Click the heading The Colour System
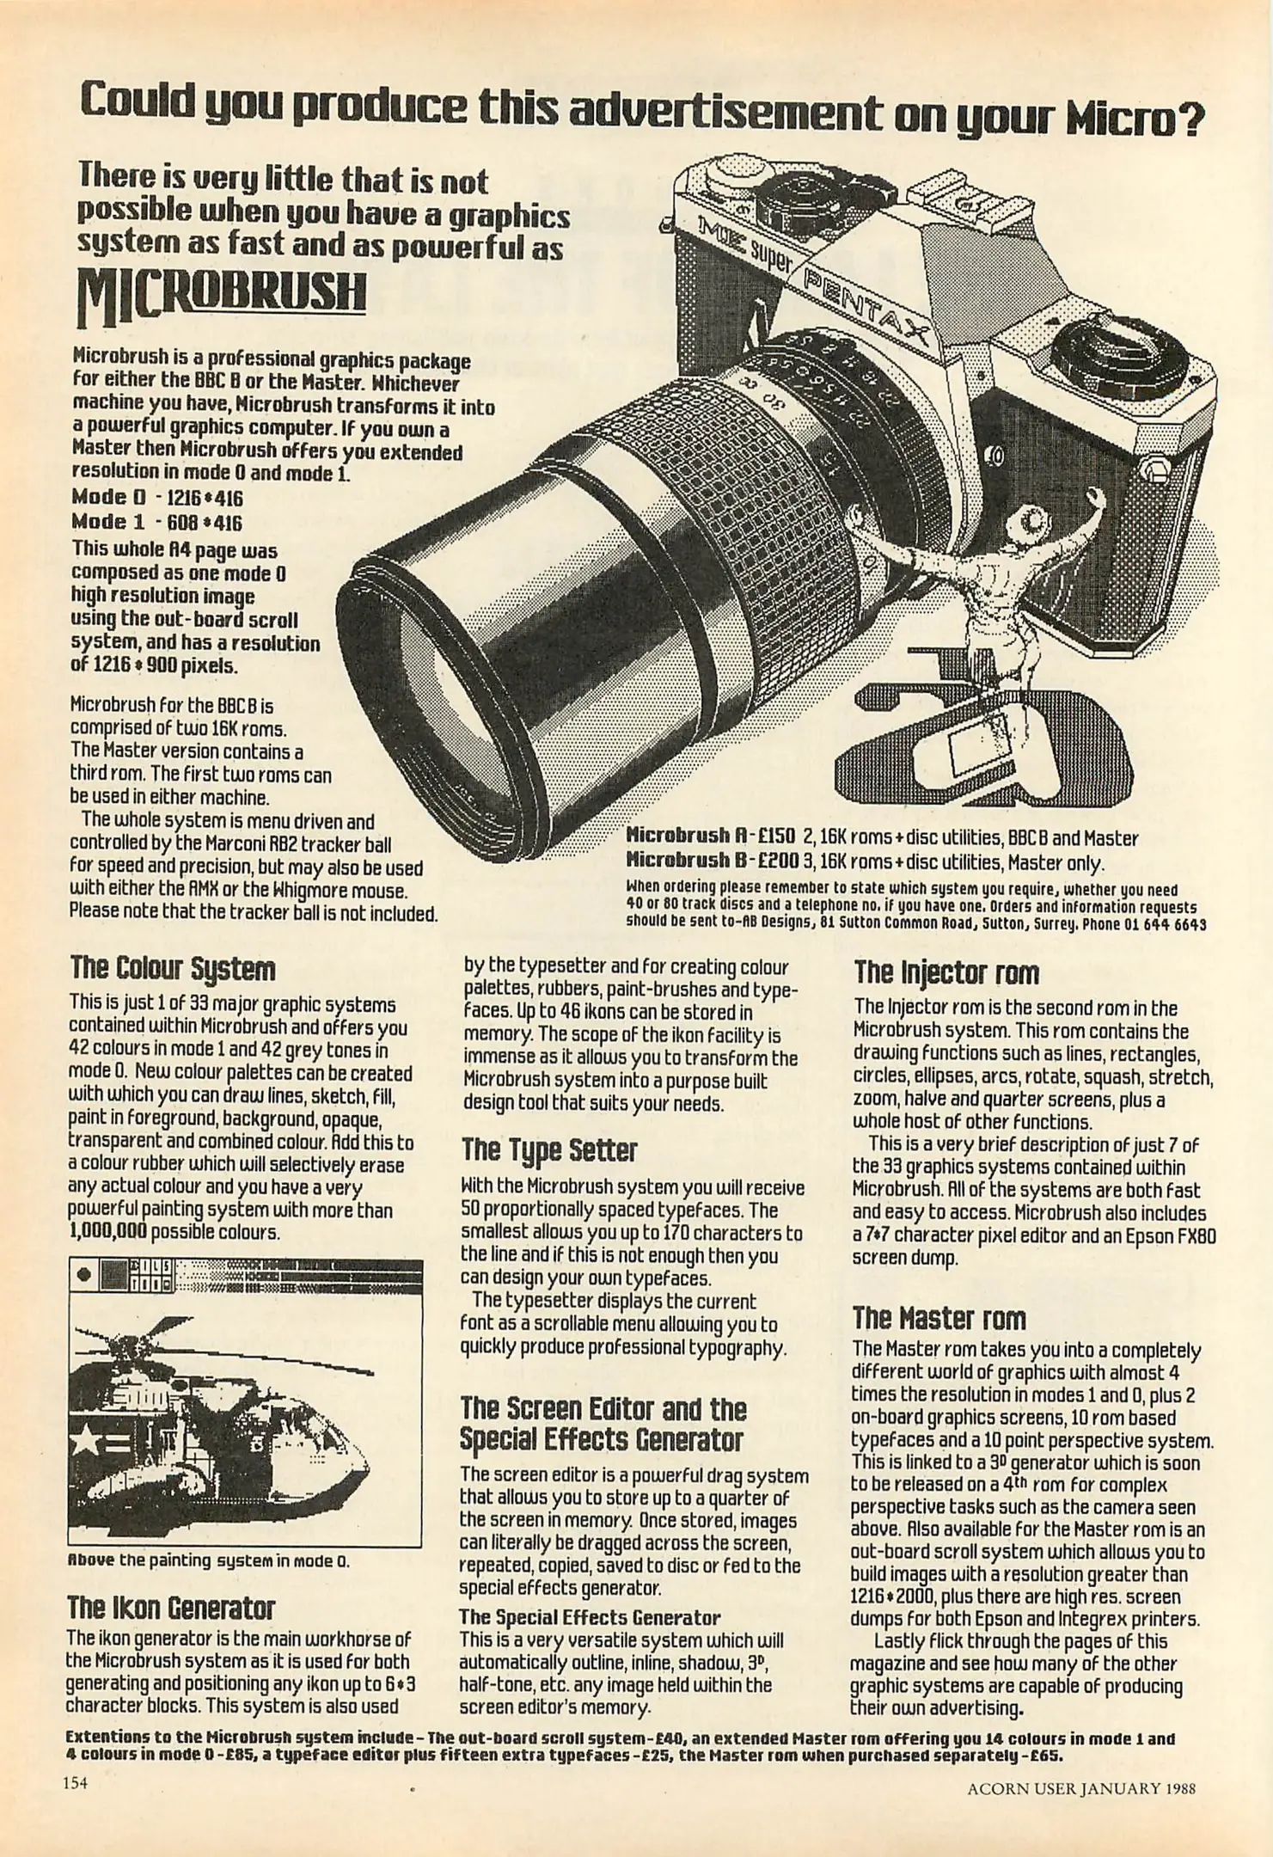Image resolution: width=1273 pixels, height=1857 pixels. pyautogui.click(x=173, y=969)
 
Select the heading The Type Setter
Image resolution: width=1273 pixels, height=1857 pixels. pyautogui.click(x=549, y=1150)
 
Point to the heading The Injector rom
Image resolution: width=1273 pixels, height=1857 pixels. pyautogui.click(x=946, y=972)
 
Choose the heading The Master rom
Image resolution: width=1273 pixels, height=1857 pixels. pyautogui.click(x=939, y=1318)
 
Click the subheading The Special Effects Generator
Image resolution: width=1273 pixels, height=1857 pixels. pyautogui.click(x=590, y=1617)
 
